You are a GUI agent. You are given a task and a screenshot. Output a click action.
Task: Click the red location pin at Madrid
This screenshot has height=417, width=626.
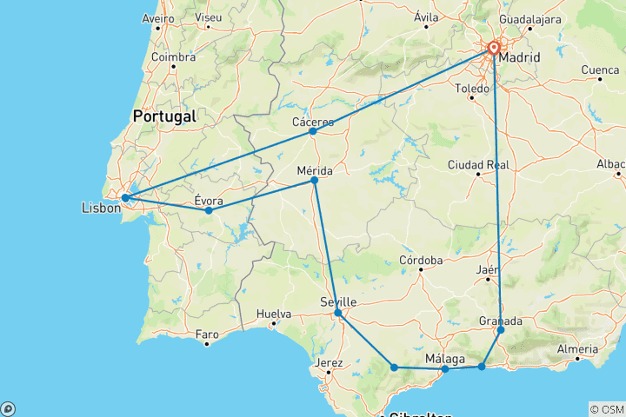pyautogui.click(x=494, y=48)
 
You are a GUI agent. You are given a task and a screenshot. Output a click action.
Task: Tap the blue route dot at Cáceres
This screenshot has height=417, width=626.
pyautogui.click(x=313, y=131)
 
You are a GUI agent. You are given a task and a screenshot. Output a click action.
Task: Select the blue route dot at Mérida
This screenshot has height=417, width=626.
pyautogui.click(x=315, y=180)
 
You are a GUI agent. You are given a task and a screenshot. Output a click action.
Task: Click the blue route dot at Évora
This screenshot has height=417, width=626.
pyautogui.click(x=209, y=210)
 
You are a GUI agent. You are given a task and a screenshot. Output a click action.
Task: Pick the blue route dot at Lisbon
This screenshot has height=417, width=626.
pyautogui.click(x=125, y=198)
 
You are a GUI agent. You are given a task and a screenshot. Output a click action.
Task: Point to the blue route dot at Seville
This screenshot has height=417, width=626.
pyautogui.click(x=338, y=312)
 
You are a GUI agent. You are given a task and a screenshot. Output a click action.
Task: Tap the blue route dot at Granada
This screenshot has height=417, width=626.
pyautogui.click(x=501, y=330)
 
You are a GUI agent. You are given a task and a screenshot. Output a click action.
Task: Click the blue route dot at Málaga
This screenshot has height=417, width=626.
pyautogui.click(x=445, y=369)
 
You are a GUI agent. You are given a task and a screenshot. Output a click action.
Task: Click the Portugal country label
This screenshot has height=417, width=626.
pyautogui.click(x=164, y=116)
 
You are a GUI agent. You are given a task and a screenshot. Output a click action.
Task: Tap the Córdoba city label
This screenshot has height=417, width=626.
pyautogui.click(x=421, y=260)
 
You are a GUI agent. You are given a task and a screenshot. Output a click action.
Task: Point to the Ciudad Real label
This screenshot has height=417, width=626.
pyautogui.click(x=478, y=164)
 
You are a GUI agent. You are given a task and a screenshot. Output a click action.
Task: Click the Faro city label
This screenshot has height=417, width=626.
pyautogui.click(x=207, y=334)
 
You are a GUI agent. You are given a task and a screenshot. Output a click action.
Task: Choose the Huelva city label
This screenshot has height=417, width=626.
pyautogui.click(x=274, y=314)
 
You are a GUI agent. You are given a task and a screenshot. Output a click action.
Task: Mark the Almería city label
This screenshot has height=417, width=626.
pyautogui.click(x=576, y=348)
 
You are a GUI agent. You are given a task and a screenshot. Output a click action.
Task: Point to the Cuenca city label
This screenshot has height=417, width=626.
pyautogui.click(x=600, y=69)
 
